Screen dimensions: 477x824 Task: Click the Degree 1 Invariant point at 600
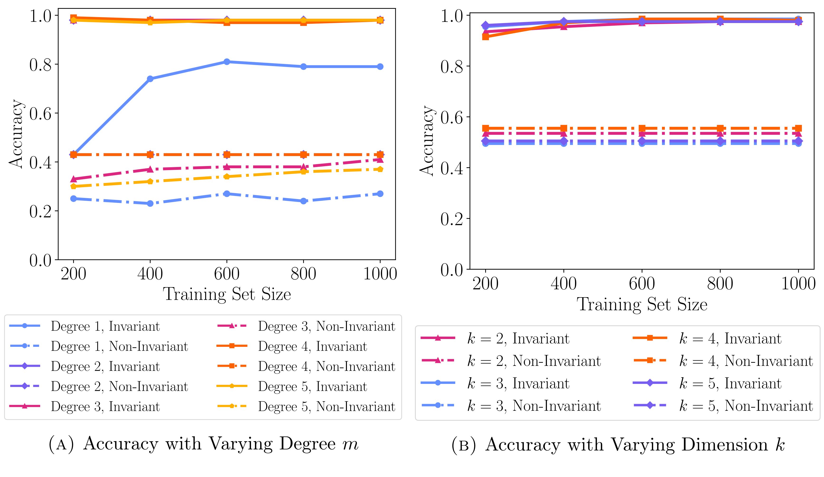[x=227, y=62]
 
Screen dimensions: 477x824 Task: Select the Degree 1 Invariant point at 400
[x=150, y=79]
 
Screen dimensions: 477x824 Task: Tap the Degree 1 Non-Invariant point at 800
[x=303, y=201]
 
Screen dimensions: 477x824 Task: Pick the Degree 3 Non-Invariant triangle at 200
[x=74, y=179]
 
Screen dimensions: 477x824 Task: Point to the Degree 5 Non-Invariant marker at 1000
[x=380, y=169]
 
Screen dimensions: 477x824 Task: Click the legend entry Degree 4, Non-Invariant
[x=326, y=367]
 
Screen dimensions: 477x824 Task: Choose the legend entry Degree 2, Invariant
[x=105, y=367]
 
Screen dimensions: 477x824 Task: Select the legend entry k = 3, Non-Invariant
[x=534, y=406]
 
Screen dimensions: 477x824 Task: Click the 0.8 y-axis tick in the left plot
[x=41, y=65]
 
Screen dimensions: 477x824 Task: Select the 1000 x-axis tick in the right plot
[x=798, y=283]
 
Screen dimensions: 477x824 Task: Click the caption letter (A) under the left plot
[x=61, y=444]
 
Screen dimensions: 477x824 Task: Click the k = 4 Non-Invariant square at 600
[x=642, y=128]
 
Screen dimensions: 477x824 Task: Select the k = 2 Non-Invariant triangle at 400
[x=564, y=134]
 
